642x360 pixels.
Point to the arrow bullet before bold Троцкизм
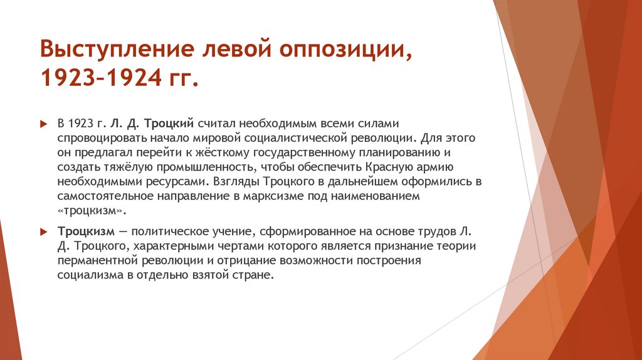click(44, 231)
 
